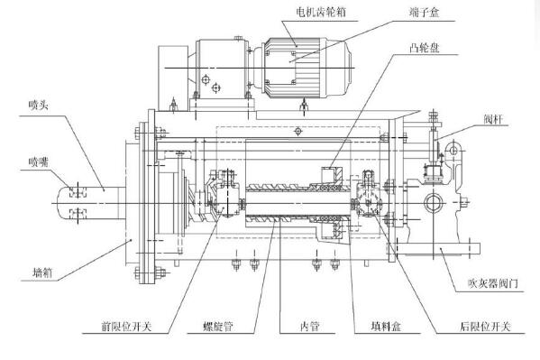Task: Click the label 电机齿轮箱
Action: pyautogui.click(x=321, y=13)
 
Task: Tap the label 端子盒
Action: pyautogui.click(x=425, y=13)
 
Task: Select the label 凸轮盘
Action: pyautogui.click(x=425, y=47)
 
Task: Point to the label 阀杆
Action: pyautogui.click(x=493, y=119)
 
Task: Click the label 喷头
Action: pyautogui.click(x=38, y=105)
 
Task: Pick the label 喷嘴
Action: pyautogui.click(x=38, y=162)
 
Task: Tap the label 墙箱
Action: pyautogui.click(x=42, y=272)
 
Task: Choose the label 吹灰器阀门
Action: pyautogui.click(x=493, y=283)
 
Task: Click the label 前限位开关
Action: pyautogui.click(x=127, y=327)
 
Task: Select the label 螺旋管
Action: pyautogui.click(x=218, y=327)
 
